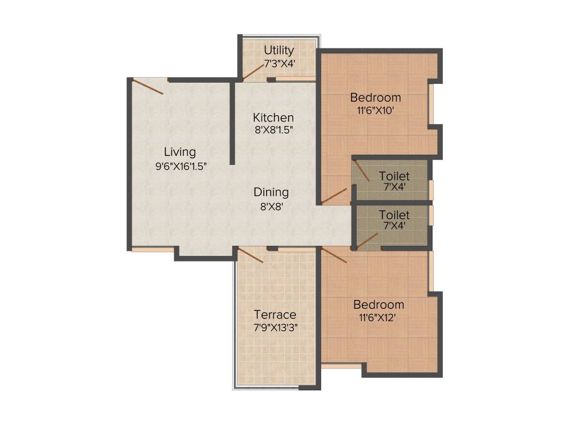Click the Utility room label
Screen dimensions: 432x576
[x=279, y=50]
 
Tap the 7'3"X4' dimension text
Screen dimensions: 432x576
[x=279, y=63]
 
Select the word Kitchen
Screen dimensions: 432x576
[x=273, y=118]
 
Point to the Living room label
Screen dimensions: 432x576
[x=180, y=152]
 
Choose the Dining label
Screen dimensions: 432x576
[x=271, y=192]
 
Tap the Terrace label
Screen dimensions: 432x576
[x=274, y=314]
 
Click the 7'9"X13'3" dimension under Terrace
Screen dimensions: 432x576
[x=274, y=327]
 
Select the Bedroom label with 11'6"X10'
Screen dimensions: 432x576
[x=375, y=97]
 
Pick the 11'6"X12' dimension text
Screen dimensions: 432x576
[x=379, y=318]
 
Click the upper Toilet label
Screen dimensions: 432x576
[x=394, y=176]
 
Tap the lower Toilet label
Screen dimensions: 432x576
[x=394, y=215]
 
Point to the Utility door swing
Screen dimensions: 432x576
[x=254, y=70]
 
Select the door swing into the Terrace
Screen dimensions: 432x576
[x=250, y=255]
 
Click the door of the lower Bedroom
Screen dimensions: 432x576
[x=334, y=254]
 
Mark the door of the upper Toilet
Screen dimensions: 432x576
[x=361, y=170]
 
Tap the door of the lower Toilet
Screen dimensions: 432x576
[x=367, y=241]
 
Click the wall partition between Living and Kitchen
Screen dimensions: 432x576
[x=232, y=124]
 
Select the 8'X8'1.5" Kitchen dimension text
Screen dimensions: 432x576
[x=273, y=129]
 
